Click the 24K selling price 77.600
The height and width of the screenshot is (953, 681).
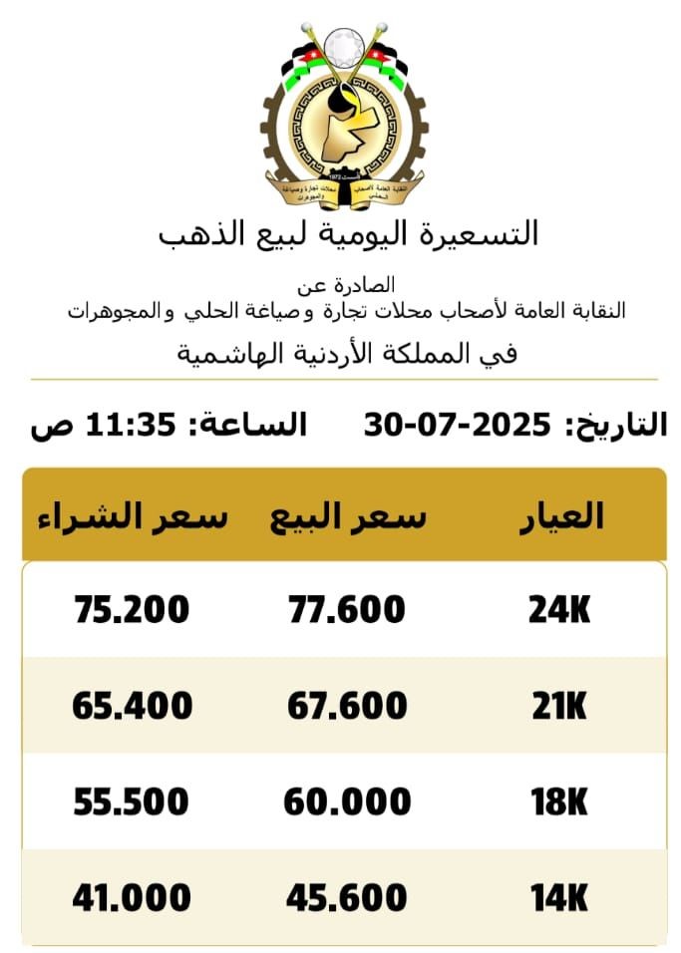coord(347,609)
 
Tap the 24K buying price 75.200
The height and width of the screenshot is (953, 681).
coord(133,609)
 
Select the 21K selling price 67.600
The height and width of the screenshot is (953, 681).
coord(347,706)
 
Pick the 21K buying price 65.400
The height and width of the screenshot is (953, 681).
coord(133,706)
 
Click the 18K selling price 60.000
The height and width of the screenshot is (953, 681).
coord(347,801)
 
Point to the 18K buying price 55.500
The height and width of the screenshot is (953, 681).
coord(131,801)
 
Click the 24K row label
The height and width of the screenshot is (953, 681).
coord(559,609)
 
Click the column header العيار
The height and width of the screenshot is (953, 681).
coord(563,516)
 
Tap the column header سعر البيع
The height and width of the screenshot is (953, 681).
coord(348,516)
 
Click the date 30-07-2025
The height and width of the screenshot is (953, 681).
coord(458,426)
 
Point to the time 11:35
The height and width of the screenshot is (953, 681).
coord(134,426)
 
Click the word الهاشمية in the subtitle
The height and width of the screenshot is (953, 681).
coord(227,354)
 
